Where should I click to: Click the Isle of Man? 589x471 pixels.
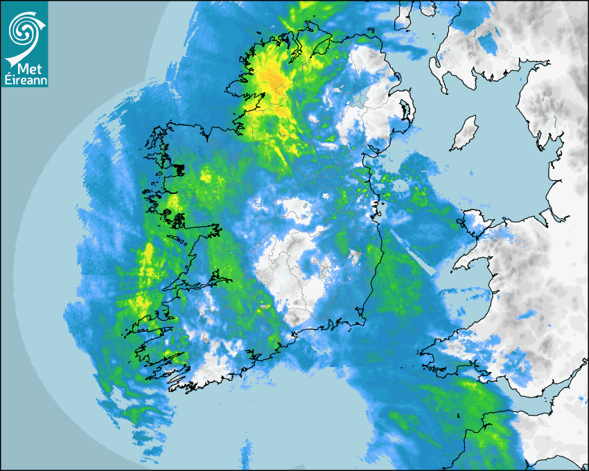click(x=465, y=133)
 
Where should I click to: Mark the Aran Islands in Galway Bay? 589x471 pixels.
click(x=182, y=241)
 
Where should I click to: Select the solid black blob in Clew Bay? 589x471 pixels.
click(x=178, y=168)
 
